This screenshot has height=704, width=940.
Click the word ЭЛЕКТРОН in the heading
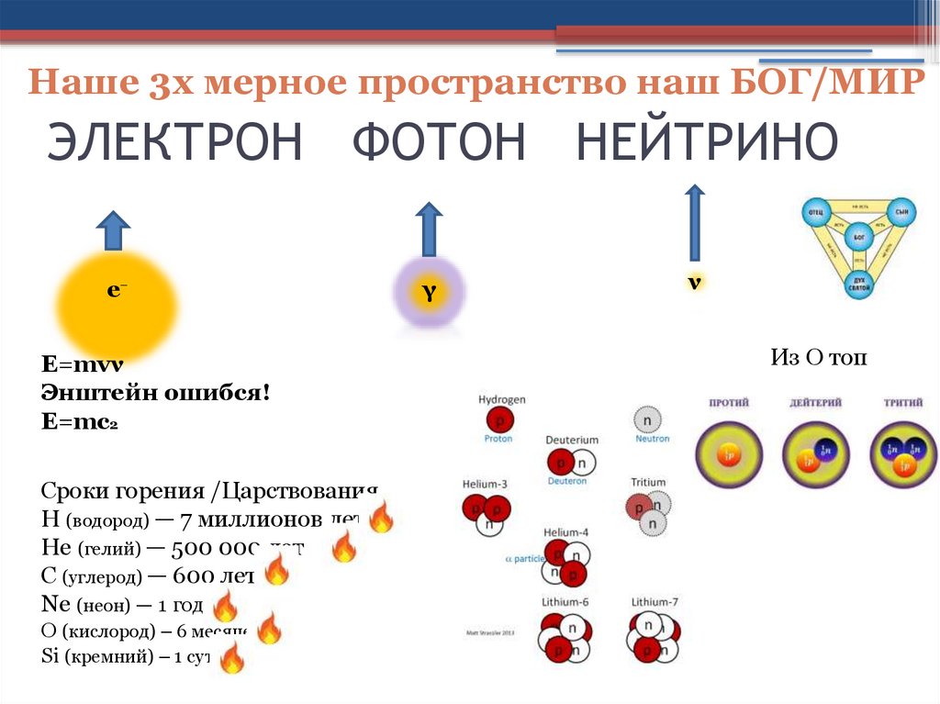(x=174, y=143)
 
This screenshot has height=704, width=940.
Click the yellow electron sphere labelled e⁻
(x=117, y=302)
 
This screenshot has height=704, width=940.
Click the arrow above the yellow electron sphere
(x=113, y=230)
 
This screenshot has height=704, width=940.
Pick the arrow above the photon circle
(x=429, y=229)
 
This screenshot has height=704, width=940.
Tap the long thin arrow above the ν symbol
(x=695, y=223)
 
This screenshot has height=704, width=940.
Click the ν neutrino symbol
(x=695, y=282)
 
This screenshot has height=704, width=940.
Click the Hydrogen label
(x=501, y=400)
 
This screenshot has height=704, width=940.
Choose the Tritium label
(x=648, y=482)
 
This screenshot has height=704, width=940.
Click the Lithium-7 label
(x=655, y=602)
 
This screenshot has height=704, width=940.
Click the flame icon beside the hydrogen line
(x=381, y=518)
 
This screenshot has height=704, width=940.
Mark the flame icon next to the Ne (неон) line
(x=225, y=607)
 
